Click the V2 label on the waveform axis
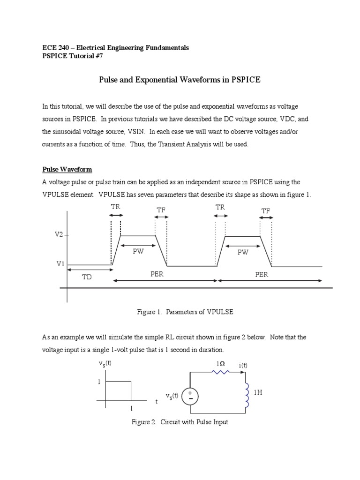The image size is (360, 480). coord(59,234)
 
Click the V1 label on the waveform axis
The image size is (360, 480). coord(60,264)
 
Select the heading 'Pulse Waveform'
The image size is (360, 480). coord(67,169)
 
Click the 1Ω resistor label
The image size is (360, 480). coord(220,364)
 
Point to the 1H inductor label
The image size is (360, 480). coord(258,393)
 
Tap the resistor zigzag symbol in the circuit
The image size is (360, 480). coord(220,373)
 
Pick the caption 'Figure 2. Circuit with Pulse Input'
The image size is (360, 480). coord(180,422)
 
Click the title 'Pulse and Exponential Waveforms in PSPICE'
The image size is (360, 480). coord(180,80)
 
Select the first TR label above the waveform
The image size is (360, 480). coord(115,207)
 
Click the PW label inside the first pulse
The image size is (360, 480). coord(138,251)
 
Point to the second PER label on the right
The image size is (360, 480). coord(262,274)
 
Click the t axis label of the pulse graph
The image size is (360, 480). coord(157,402)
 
